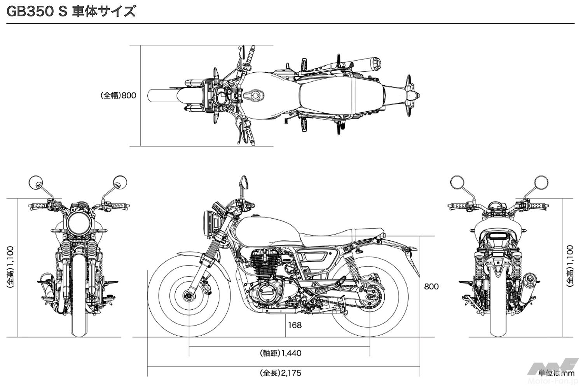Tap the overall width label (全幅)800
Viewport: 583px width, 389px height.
[118, 95]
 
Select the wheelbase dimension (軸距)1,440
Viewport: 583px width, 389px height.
[280, 353]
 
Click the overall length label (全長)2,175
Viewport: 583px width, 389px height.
[280, 373]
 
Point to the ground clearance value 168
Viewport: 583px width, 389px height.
[295, 325]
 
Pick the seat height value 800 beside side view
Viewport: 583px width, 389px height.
[431, 287]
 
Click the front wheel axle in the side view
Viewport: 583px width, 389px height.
[189, 296]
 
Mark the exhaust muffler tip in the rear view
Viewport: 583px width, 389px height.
[530, 280]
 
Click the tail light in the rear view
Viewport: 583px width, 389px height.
[498, 235]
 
